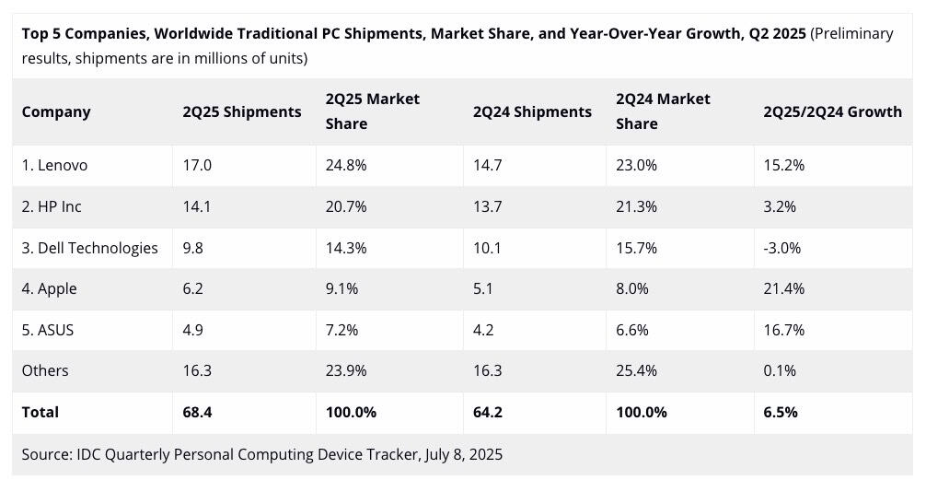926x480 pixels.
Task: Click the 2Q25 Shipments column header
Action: tap(242, 111)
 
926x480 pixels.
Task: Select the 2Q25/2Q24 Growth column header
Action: tap(832, 111)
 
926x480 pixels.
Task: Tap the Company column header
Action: tap(56, 111)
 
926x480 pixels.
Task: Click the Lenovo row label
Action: tap(55, 166)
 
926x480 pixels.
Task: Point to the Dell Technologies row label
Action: tap(90, 248)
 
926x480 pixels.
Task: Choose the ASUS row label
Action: tap(48, 330)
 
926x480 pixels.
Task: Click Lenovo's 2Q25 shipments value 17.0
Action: tap(197, 166)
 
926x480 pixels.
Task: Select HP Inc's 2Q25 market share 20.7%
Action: tap(346, 206)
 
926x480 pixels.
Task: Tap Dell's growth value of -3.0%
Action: tap(782, 248)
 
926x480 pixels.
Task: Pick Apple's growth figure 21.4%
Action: tap(784, 288)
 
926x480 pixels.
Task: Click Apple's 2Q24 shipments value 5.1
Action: tap(483, 288)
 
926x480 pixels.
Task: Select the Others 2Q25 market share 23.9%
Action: tap(346, 370)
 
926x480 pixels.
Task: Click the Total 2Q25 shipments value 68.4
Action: tap(197, 412)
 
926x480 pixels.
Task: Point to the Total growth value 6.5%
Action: tap(781, 412)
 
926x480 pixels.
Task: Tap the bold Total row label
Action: tap(41, 412)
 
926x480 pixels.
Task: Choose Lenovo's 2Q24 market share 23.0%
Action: tap(636, 166)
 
